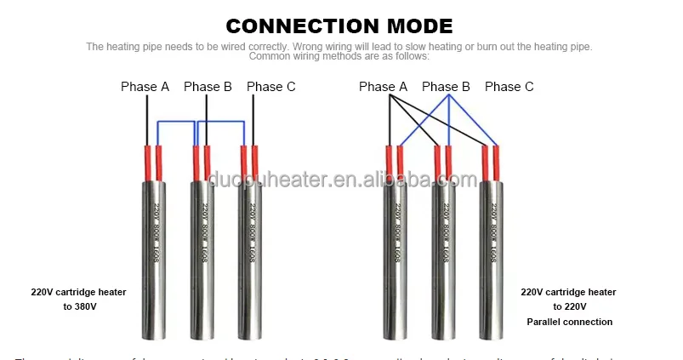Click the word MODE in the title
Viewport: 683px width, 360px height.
pos(413,26)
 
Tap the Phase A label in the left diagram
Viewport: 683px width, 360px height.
pos(145,86)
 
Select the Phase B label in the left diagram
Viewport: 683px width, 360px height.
pos(208,86)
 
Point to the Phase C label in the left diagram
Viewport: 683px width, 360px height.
pos(271,86)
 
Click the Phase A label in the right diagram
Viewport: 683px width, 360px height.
pos(383,86)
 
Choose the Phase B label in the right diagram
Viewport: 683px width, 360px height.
pos(446,86)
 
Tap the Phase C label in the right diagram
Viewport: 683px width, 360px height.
pos(509,86)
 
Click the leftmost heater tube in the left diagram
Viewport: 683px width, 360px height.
pos(154,255)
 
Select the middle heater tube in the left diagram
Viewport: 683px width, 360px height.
pos(202,255)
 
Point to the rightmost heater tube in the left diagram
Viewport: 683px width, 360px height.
pos(250,255)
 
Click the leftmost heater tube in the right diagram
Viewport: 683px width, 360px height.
pos(395,255)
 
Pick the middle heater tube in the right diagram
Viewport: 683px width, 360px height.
pos(443,255)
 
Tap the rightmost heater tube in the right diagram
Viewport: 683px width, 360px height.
pos(491,255)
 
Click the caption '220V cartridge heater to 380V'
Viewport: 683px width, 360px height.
pos(79,299)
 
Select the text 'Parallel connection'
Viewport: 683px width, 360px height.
pos(569,322)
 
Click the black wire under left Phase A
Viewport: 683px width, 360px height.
pos(147,119)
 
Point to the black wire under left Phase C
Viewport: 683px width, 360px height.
pos(253,119)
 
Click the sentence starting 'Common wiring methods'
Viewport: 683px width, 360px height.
pos(339,56)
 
